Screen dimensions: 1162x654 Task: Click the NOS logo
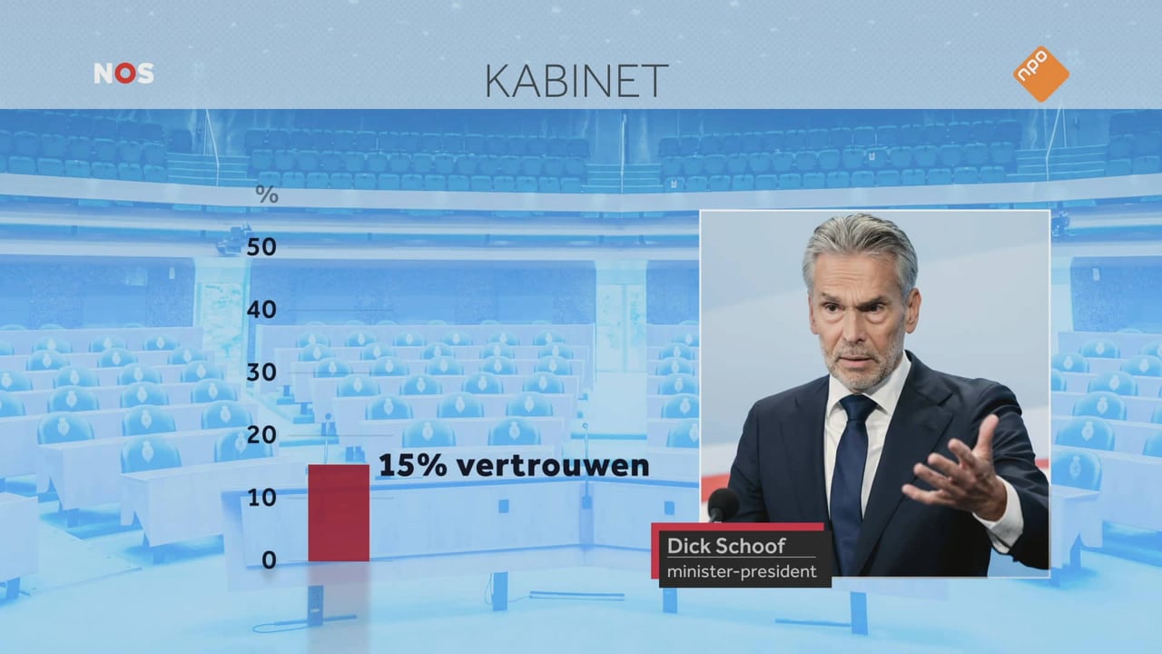[x=124, y=74]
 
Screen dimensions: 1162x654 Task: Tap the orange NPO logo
[x=1041, y=74]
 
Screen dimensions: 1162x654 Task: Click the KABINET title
[x=576, y=81]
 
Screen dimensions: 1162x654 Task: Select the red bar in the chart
[x=339, y=513]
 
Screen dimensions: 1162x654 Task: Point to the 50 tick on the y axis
[x=261, y=248]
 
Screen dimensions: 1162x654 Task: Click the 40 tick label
[x=261, y=311]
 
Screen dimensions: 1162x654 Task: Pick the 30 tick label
[x=261, y=372]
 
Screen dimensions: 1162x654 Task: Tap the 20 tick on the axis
[x=261, y=435]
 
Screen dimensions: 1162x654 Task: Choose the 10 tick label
[x=261, y=499]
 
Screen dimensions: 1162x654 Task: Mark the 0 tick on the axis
[x=270, y=560]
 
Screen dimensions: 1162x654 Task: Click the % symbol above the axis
[x=267, y=194]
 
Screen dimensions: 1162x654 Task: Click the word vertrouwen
[x=553, y=466]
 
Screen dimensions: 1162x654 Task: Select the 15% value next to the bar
[x=413, y=465]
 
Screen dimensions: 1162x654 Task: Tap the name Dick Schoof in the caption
[x=726, y=546]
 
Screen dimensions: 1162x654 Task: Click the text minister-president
[x=742, y=572]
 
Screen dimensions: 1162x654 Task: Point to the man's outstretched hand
[x=960, y=472]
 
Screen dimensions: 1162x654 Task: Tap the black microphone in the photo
[x=724, y=504]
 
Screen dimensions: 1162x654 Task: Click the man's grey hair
[x=862, y=249]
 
